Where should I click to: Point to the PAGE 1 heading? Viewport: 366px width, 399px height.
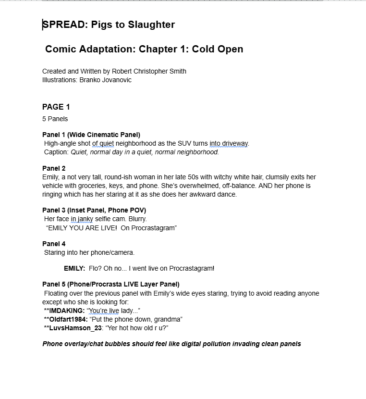click(56, 107)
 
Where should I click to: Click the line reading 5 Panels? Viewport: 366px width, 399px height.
click(55, 119)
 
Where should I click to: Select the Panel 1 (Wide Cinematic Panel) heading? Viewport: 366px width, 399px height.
click(91, 135)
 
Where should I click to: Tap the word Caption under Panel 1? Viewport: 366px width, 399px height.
click(57, 152)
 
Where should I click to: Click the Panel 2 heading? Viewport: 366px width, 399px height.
click(54, 168)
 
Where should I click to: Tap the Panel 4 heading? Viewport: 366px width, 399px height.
click(54, 244)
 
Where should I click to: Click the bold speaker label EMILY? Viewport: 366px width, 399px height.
click(74, 268)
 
